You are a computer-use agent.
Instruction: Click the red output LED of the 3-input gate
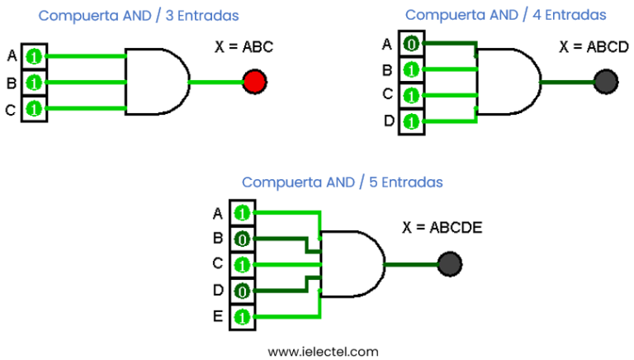(x=254, y=82)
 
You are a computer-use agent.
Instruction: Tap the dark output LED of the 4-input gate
(x=606, y=82)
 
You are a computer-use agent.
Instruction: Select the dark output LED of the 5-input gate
(x=449, y=264)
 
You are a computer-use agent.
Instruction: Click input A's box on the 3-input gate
(x=34, y=56)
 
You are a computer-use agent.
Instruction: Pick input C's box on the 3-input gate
(x=34, y=108)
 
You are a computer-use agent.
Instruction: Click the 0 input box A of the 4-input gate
(x=411, y=44)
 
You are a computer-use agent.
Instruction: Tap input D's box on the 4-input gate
(x=411, y=122)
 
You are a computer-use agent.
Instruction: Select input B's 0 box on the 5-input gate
(x=242, y=239)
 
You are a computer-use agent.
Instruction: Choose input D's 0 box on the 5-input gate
(x=242, y=291)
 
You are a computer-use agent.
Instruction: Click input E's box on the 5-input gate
(x=242, y=317)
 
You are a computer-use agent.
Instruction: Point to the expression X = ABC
(x=244, y=47)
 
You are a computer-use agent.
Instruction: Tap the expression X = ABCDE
(x=442, y=227)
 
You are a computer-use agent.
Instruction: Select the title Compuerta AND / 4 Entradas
(x=505, y=15)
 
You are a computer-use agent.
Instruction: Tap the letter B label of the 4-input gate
(x=387, y=69)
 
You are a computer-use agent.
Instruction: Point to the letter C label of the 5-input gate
(x=217, y=264)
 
